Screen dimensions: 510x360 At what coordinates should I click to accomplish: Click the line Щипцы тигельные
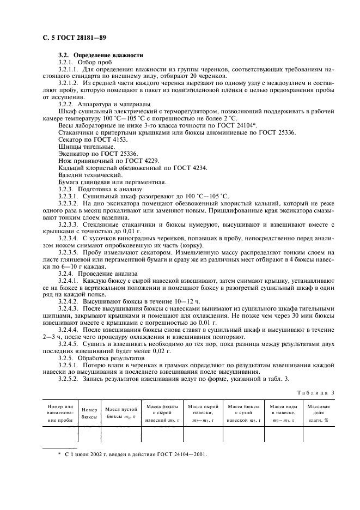click(x=78, y=147)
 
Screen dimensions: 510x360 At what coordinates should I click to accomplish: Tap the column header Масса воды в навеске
click(x=283, y=412)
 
